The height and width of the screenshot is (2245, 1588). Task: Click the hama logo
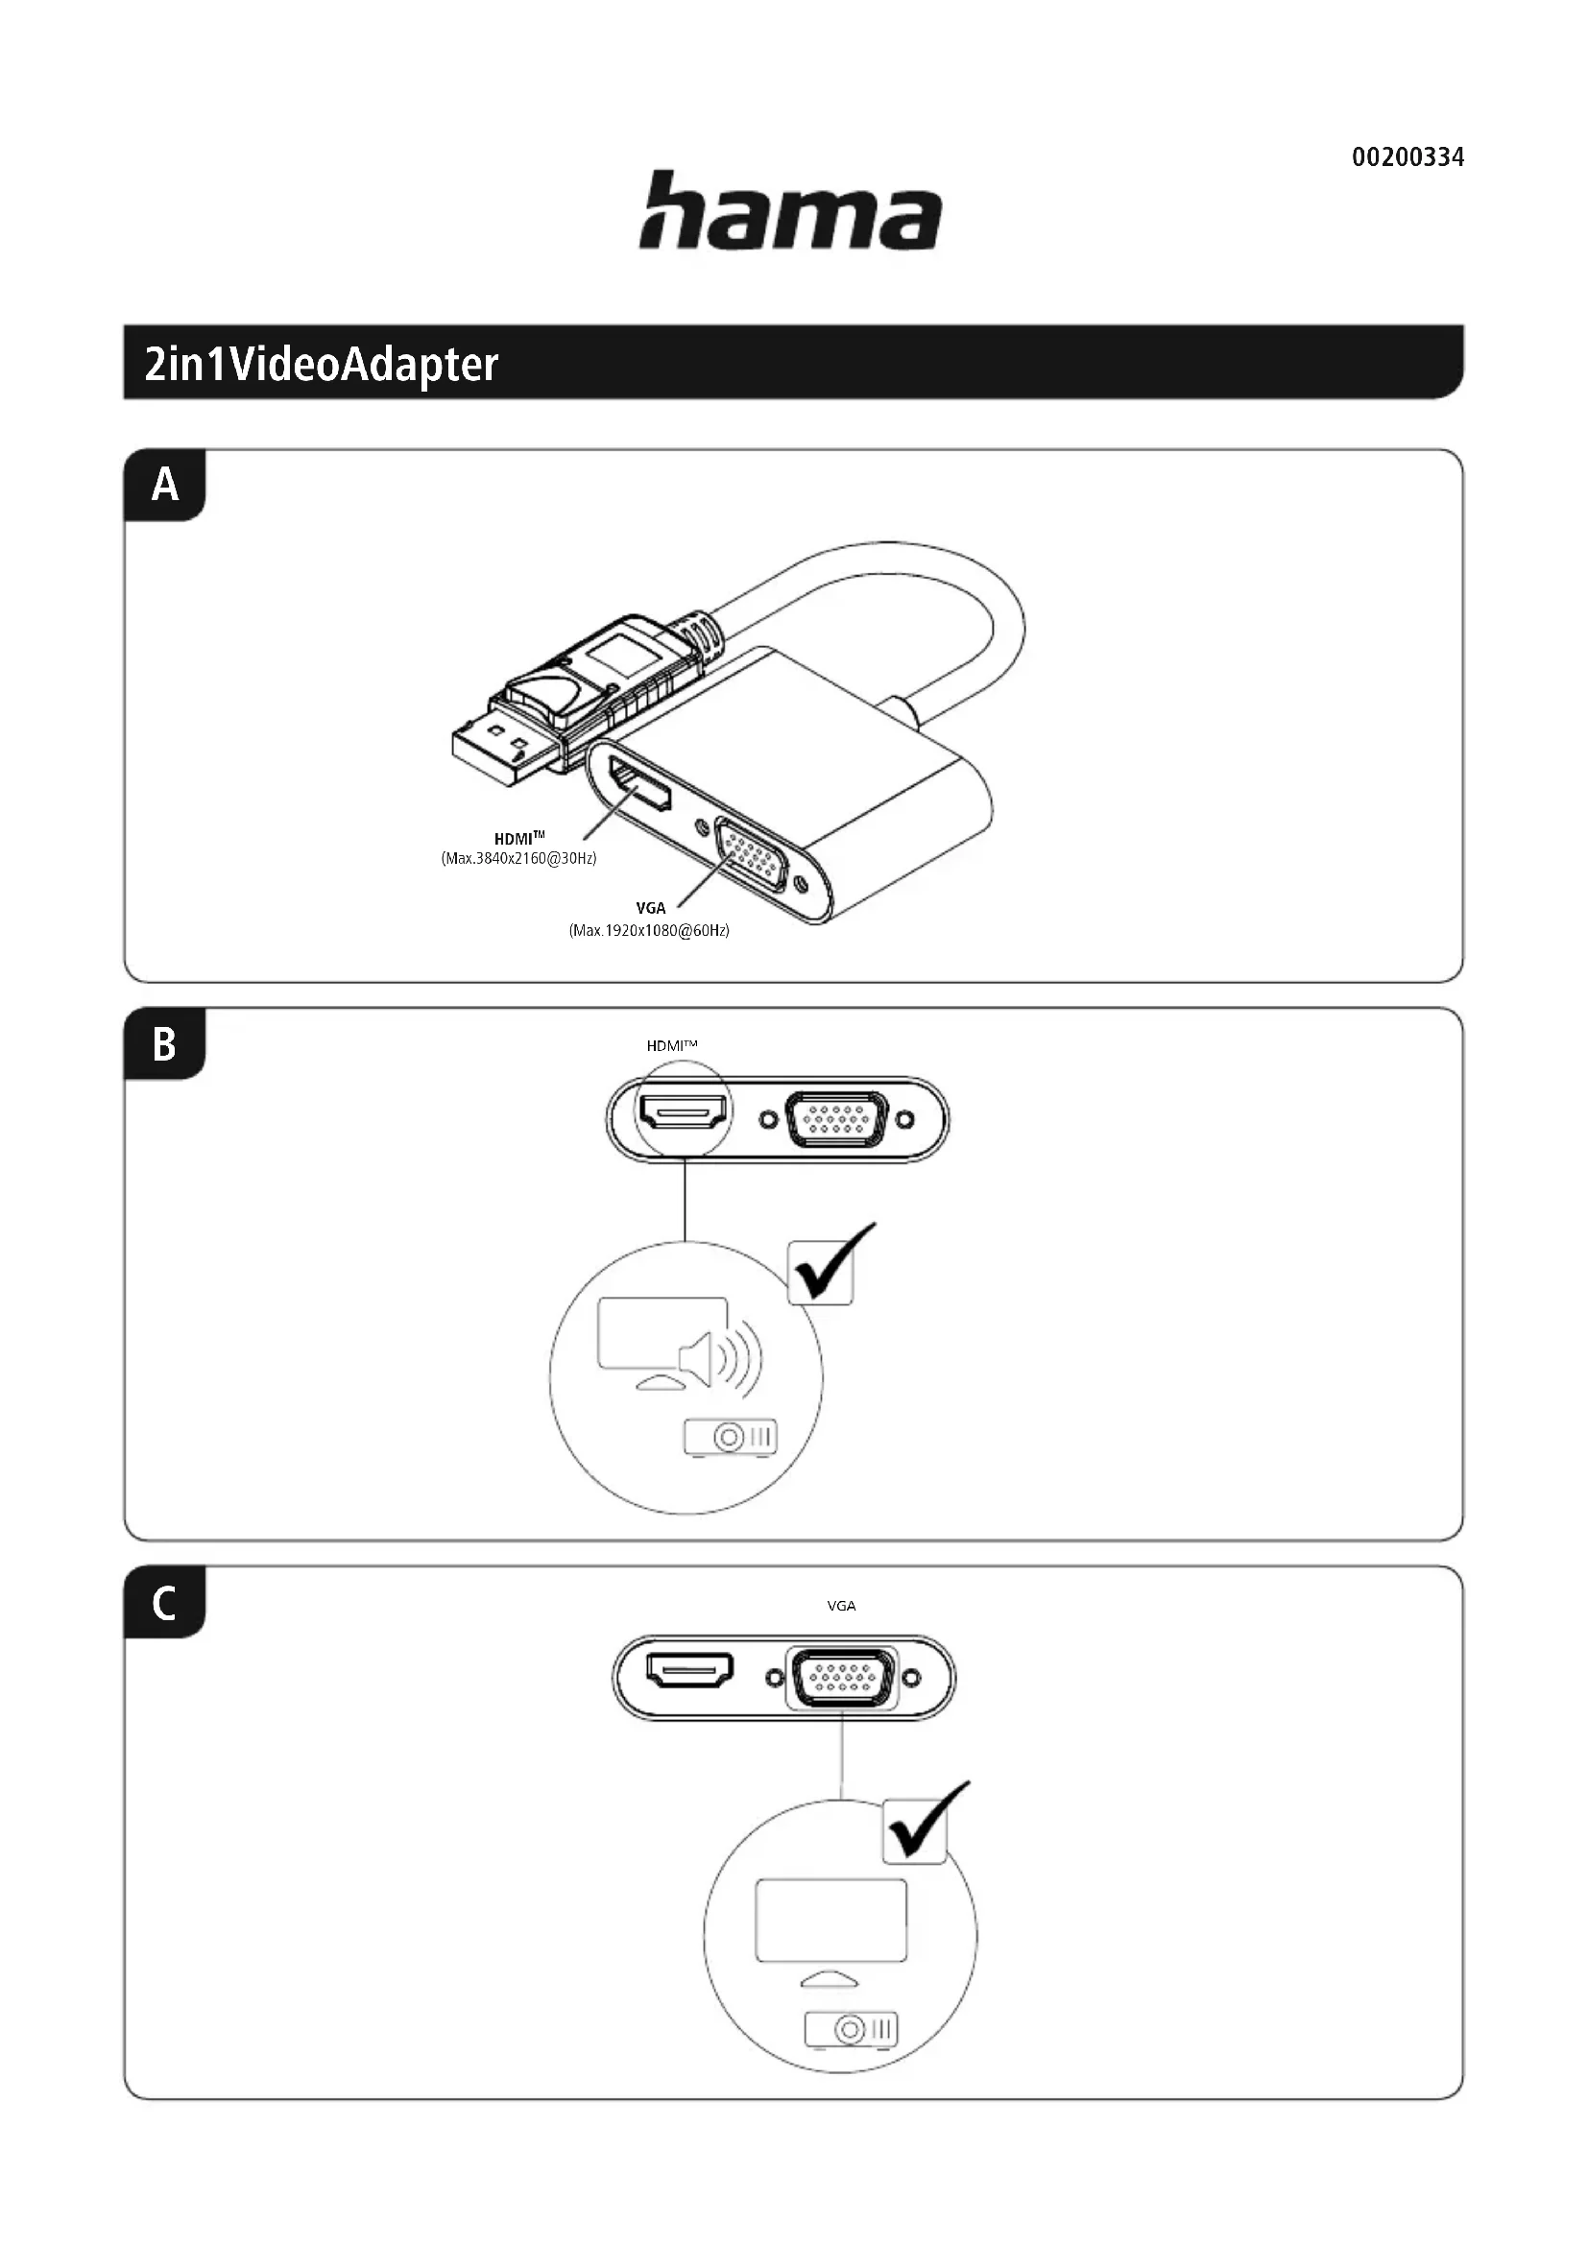point(790,210)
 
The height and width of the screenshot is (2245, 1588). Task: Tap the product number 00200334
point(1408,157)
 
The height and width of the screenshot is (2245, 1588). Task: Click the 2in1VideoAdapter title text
point(321,364)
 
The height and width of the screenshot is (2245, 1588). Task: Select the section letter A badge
point(165,485)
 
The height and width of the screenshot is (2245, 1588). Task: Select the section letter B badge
point(165,1044)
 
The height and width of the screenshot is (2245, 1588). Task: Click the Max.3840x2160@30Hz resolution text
point(518,858)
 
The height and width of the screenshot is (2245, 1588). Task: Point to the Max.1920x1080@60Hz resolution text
point(649,930)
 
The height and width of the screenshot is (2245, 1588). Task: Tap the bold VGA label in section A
point(650,908)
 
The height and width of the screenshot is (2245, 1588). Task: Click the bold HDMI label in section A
point(517,839)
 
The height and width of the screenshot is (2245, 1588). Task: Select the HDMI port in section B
point(684,1111)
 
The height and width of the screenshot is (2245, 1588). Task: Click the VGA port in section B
point(837,1117)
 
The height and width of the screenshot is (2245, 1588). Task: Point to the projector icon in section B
point(731,1438)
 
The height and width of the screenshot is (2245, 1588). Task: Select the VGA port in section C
point(842,1677)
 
